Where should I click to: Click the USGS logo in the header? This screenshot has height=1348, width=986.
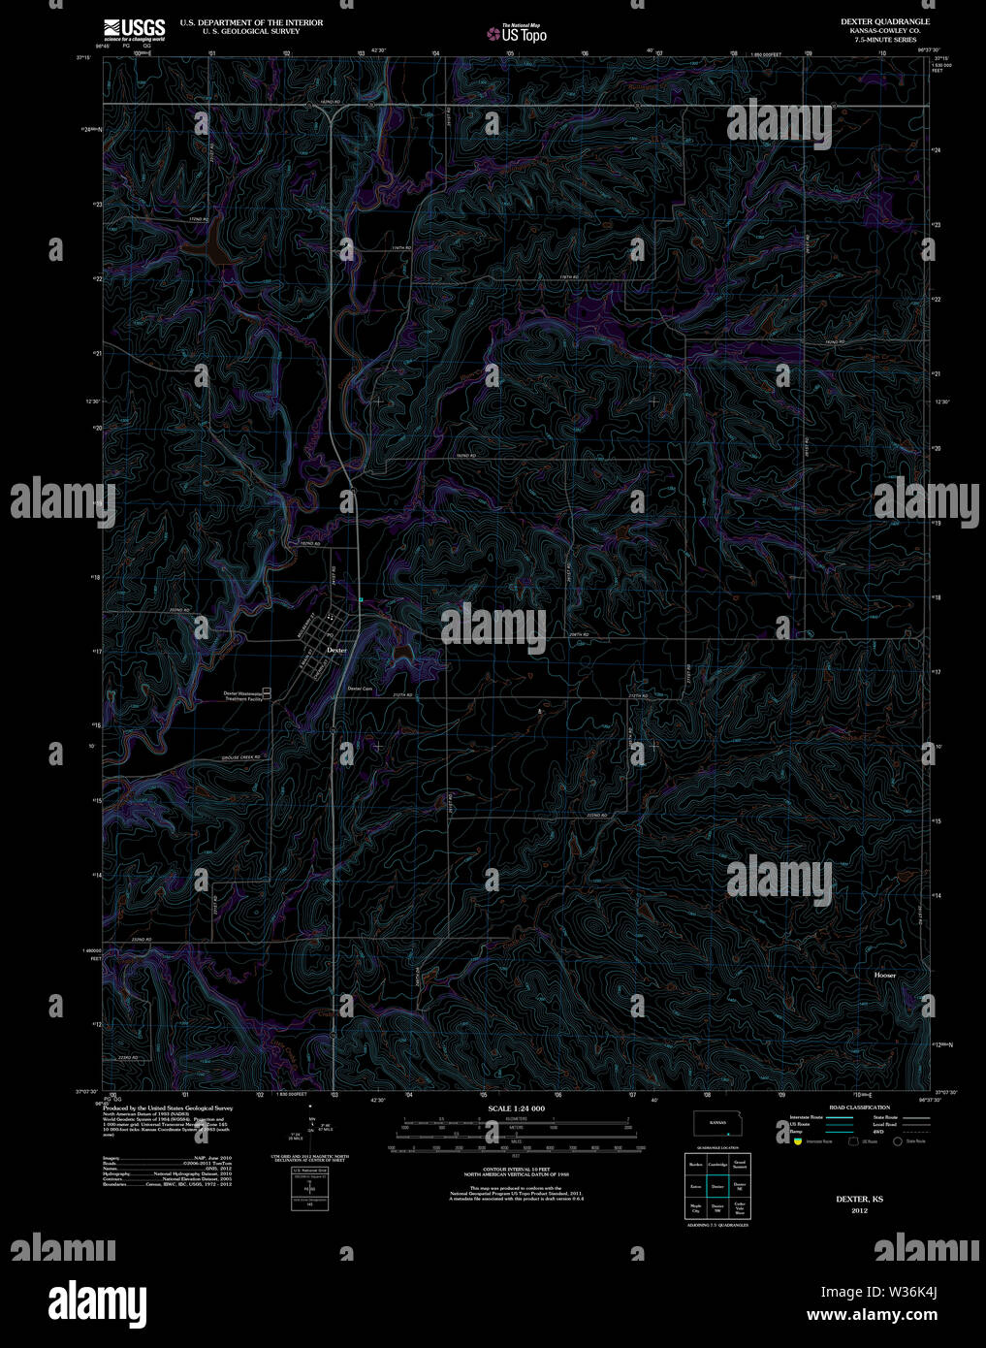pyautogui.click(x=135, y=29)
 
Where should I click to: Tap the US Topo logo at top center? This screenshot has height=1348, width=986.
pyautogui.click(x=517, y=34)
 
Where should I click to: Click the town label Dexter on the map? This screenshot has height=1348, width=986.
pyautogui.click(x=336, y=650)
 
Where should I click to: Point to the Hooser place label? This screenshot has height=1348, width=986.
pyautogui.click(x=884, y=975)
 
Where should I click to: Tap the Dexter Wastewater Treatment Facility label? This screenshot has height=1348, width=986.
pyautogui.click(x=242, y=695)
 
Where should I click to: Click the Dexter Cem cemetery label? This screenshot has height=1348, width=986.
pyautogui.click(x=360, y=690)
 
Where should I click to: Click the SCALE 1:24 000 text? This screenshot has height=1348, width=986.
pyautogui.click(x=516, y=1108)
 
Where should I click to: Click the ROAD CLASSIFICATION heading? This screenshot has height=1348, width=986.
pyautogui.click(x=859, y=1107)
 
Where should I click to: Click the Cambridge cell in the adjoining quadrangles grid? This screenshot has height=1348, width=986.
pyautogui.click(x=717, y=1164)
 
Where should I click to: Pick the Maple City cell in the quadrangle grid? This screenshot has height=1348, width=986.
pyautogui.click(x=695, y=1208)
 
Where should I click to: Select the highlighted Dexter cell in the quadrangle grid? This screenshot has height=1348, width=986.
pyautogui.click(x=717, y=1186)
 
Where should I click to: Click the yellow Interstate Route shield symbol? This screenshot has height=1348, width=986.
pyautogui.click(x=798, y=1141)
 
